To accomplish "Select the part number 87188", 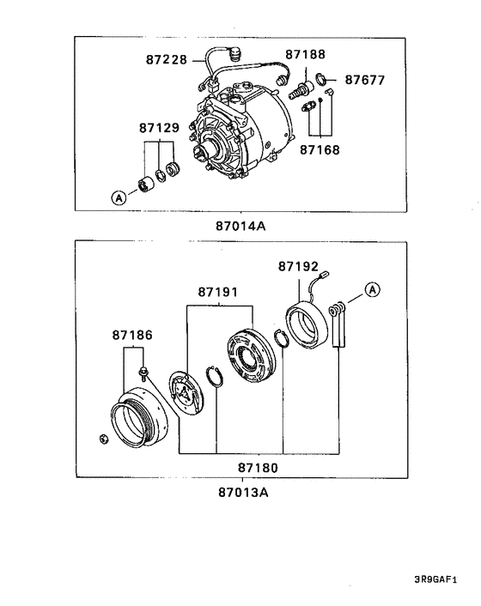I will pos(305,54).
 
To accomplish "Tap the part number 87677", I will pos(365,81).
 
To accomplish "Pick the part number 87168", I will pos(320,149).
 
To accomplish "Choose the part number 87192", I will pos(298,267).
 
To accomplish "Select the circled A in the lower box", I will pos(372,289).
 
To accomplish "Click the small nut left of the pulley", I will pos(103,439).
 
